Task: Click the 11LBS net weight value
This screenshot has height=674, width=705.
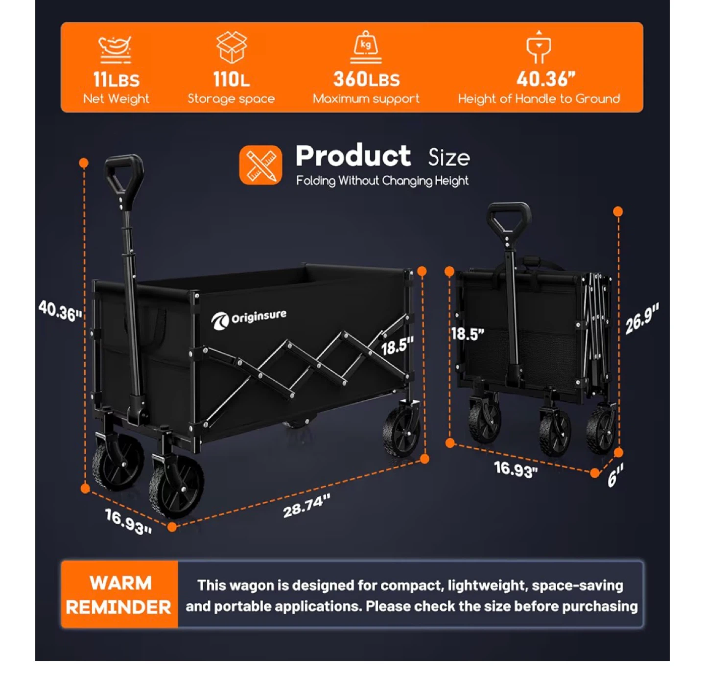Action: [117, 80]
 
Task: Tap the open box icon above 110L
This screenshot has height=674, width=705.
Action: [232, 47]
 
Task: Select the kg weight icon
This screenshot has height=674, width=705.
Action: [366, 47]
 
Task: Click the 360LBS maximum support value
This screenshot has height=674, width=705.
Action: [366, 79]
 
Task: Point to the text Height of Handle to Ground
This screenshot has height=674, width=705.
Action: [539, 99]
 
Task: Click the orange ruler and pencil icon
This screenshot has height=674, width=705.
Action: [260, 165]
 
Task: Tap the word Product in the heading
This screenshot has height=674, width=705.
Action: [353, 156]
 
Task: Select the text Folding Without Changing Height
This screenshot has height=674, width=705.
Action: [382, 180]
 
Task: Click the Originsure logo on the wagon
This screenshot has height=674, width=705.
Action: [249, 319]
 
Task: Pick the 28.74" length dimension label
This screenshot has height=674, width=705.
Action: [307, 506]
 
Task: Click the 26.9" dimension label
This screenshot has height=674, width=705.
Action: [642, 319]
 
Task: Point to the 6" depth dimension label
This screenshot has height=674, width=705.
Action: [615, 475]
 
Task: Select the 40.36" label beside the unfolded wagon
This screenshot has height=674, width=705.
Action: [60, 311]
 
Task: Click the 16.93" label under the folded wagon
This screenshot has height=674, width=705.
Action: [516, 469]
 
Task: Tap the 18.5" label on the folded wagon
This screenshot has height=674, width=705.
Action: [468, 334]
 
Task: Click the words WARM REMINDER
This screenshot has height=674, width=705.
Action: [119, 595]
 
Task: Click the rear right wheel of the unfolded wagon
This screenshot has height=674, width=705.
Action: [401, 431]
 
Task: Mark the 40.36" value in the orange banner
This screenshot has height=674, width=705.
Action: [546, 79]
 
